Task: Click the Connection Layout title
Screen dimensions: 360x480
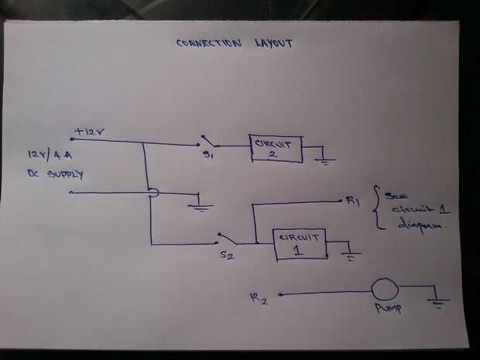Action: pos(234,43)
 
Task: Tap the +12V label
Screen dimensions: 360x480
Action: pos(90,132)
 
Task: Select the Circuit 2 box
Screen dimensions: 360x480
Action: pos(275,147)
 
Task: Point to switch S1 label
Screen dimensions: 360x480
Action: pos(209,156)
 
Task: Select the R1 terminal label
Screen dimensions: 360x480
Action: pos(353,203)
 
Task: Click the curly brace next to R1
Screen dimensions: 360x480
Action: pos(376,207)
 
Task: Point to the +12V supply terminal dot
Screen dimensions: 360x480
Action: pos(72,139)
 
